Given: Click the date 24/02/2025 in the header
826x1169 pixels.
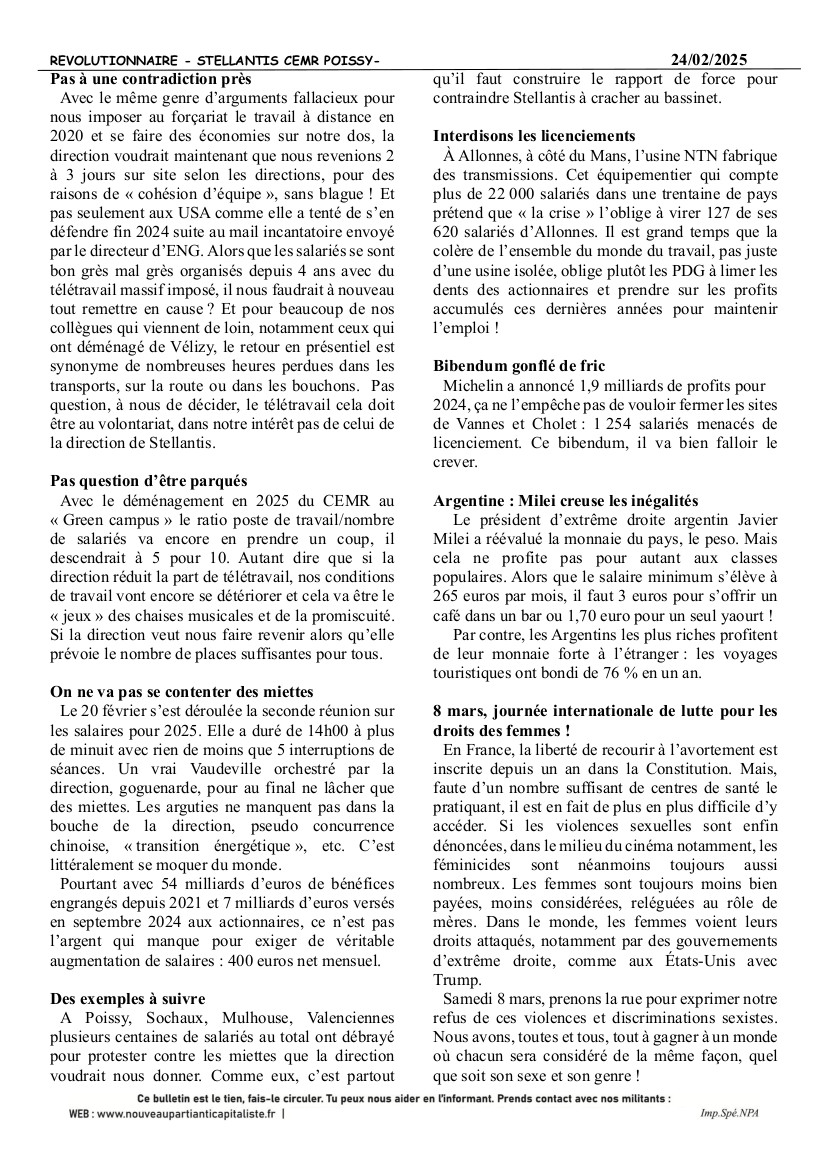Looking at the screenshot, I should [x=710, y=60].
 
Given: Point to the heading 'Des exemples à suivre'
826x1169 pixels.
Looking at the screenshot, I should [x=128, y=998].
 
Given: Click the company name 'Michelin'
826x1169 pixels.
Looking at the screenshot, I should [x=477, y=386].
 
